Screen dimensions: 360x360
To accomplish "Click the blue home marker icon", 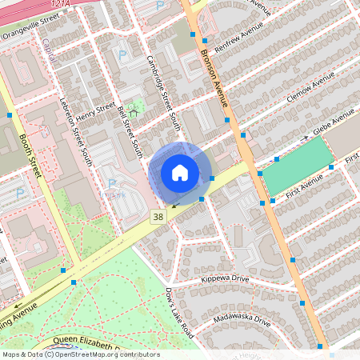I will coord(180,173).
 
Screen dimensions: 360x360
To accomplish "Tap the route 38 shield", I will coord(158,217).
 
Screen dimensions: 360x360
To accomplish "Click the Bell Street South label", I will coord(129,131).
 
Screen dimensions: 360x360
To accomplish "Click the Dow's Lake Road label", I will coord(180,311).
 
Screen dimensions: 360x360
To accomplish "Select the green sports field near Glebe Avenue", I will coord(297,166).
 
